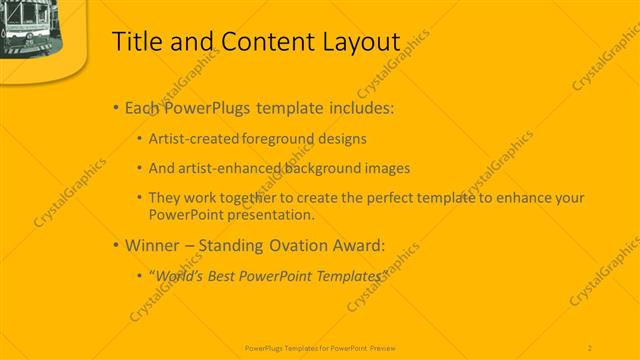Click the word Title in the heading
click(x=134, y=42)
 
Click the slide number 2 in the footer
click(x=590, y=347)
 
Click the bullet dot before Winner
click(x=116, y=244)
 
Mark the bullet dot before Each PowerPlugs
click(x=116, y=108)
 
